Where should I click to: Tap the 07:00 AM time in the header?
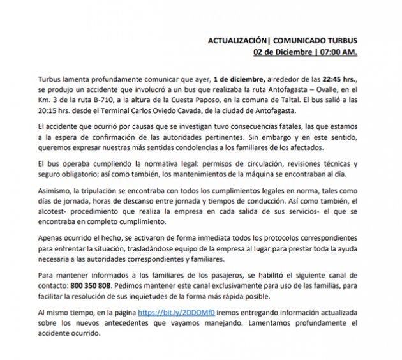point(339,50)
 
